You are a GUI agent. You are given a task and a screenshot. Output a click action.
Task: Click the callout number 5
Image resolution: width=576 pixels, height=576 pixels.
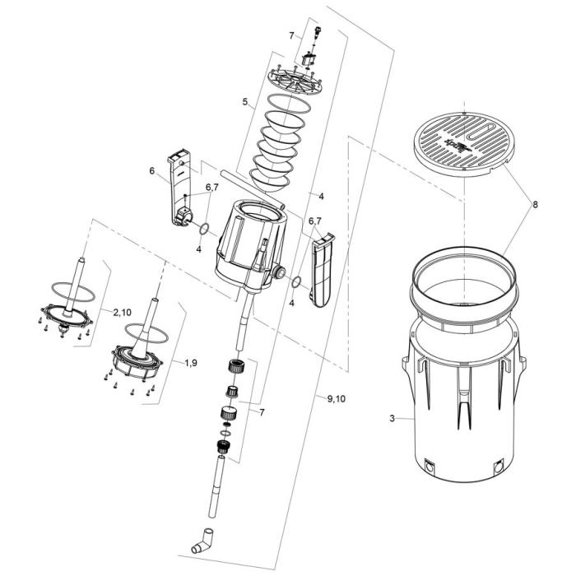[244, 102]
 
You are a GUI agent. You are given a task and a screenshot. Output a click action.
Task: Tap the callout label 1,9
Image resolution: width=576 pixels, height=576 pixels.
[191, 362]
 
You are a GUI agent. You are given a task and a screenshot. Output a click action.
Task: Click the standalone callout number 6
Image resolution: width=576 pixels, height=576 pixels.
[151, 171]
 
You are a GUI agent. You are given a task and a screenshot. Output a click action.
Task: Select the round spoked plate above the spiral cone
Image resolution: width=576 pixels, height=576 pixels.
[295, 80]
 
